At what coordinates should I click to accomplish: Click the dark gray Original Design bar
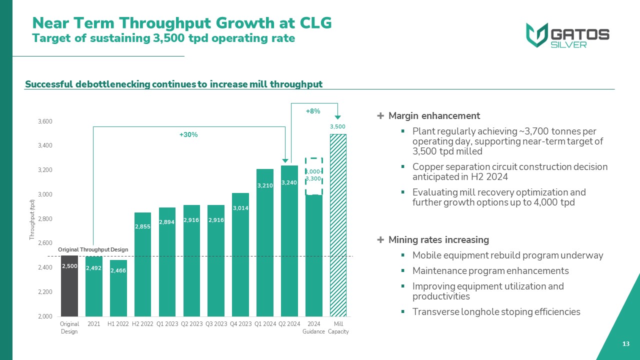point(69,286)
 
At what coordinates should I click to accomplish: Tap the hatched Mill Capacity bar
point(338,225)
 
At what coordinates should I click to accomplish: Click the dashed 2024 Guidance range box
point(313,176)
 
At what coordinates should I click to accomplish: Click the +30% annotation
point(188,135)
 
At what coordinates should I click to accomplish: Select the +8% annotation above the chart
point(313,111)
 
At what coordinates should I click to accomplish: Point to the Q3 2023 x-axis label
point(216,324)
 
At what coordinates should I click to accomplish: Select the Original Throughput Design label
point(93,249)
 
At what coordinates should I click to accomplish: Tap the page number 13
point(625,344)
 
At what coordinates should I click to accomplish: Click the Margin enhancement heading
point(434,116)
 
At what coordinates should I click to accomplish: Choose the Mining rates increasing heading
point(438,240)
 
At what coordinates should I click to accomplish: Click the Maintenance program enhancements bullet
point(490,271)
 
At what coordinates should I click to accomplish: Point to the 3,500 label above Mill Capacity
point(337,127)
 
